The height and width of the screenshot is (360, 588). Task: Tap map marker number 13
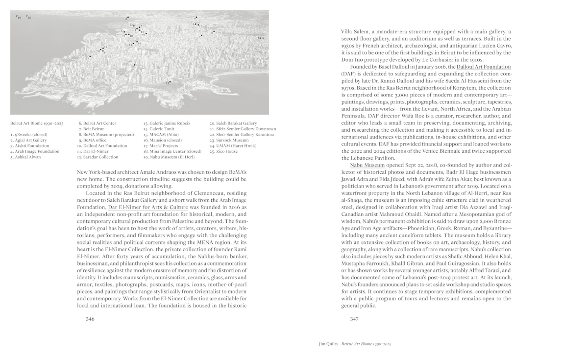click(171, 82)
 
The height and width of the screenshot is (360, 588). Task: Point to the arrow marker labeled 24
click(263, 38)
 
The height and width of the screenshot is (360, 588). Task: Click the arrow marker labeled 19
click(16, 16)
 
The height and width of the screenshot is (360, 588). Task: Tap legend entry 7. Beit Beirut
click(92, 129)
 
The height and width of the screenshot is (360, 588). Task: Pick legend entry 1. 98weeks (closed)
click(28, 134)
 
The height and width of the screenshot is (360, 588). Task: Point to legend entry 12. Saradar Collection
click(98, 157)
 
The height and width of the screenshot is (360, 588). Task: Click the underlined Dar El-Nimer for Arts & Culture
click(148, 207)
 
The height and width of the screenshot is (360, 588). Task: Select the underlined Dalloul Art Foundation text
click(484, 66)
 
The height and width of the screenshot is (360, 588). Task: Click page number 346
click(90, 319)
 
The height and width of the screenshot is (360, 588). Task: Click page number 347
click(355, 319)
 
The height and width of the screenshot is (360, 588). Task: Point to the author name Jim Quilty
click(328, 344)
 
